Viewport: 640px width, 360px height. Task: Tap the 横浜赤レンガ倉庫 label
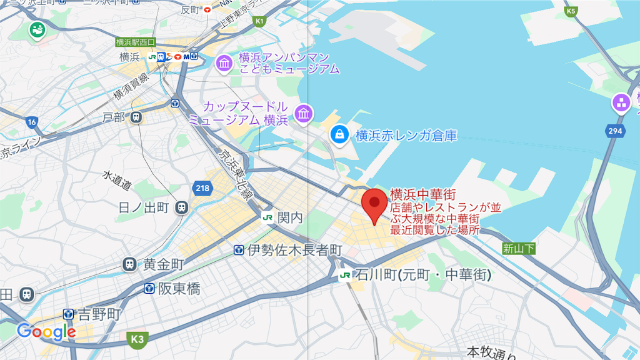pos(406,135)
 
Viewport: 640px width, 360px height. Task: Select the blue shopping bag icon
pos(339,134)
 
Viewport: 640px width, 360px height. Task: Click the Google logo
pos(46,332)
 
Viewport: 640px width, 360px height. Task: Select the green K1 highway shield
pos(259,21)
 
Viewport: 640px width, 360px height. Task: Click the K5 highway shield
pos(571,11)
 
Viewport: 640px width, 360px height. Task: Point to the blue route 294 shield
pos(615,131)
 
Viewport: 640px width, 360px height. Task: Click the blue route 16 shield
pos(31,122)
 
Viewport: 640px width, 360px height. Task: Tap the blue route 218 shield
pos(202,187)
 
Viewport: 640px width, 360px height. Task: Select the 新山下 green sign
pos(519,249)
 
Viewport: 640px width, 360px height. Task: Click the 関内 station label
pos(290,217)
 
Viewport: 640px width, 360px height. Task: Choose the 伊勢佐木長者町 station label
pos(294,251)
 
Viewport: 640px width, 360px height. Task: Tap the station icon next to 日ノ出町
pos(181,207)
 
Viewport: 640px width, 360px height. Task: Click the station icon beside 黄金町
pos(130,264)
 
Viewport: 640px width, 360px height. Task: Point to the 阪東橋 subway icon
pos(149,288)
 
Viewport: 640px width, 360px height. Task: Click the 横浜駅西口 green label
pos(135,42)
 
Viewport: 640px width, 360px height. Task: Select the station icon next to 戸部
pos(136,117)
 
